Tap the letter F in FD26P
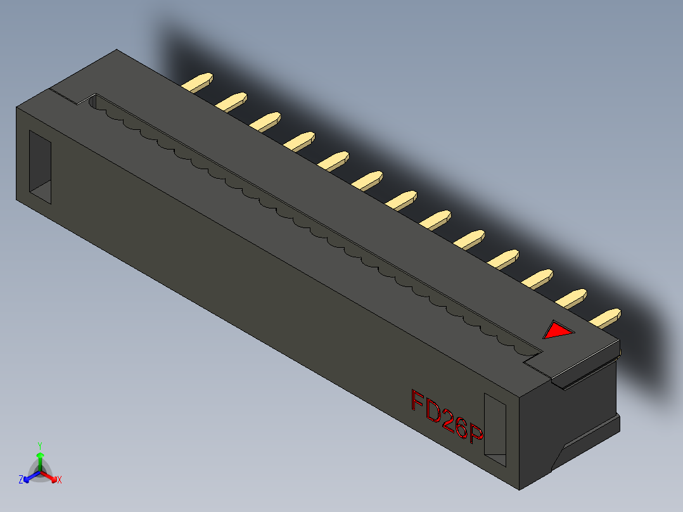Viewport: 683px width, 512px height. click(x=418, y=402)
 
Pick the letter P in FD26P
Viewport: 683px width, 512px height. click(x=476, y=435)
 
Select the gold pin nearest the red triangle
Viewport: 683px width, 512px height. click(x=608, y=317)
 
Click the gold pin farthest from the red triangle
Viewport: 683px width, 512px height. click(x=199, y=82)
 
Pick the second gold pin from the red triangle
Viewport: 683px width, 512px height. click(x=575, y=297)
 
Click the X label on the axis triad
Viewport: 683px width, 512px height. click(x=60, y=480)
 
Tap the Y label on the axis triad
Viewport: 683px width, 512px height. click(x=39, y=445)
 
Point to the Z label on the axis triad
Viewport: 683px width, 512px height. click(x=21, y=480)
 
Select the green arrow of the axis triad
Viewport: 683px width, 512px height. click(x=39, y=458)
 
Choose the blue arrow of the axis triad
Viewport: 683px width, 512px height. click(x=29, y=477)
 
